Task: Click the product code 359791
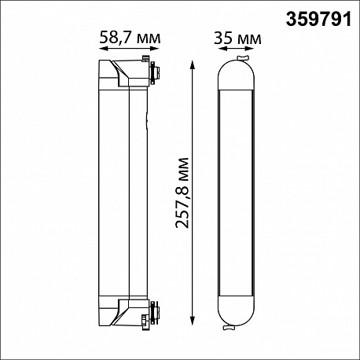click(x=318, y=20)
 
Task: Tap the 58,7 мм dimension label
click(x=130, y=38)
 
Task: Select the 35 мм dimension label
click(x=237, y=38)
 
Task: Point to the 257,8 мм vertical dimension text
click(x=182, y=193)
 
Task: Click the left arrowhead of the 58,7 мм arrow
click(x=103, y=49)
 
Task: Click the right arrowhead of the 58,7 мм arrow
click(x=156, y=49)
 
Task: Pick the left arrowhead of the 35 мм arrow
click(x=222, y=49)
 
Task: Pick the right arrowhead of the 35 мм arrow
click(x=250, y=49)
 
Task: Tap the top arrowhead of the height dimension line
click(x=193, y=64)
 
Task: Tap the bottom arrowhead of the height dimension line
click(x=193, y=321)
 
